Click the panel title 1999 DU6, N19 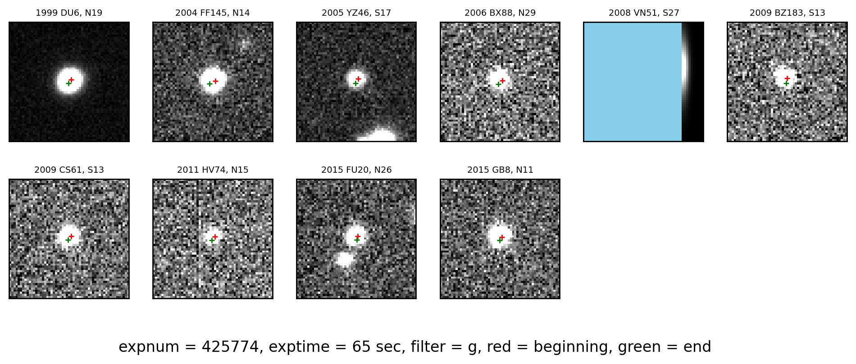pos(69,13)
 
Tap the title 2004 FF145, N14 pos(213,13)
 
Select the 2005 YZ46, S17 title pos(356,13)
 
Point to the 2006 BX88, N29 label pos(500,13)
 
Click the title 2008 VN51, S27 pos(644,13)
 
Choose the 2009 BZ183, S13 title pos(788,13)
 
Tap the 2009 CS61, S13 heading pos(69,170)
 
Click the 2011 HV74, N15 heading pos(213,170)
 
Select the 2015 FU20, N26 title pos(356,170)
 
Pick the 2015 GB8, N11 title pos(500,170)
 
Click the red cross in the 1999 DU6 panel pos(71,80)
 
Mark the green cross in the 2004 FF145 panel pos(209,84)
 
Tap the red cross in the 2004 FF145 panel pos(215,81)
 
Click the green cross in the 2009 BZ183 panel pos(786,83)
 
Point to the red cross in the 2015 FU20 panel pos(358,236)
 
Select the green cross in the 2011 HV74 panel pos(212,240)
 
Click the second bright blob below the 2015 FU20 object pos(345,259)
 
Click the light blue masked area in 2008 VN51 pos(633,82)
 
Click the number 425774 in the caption pos(230,347)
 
